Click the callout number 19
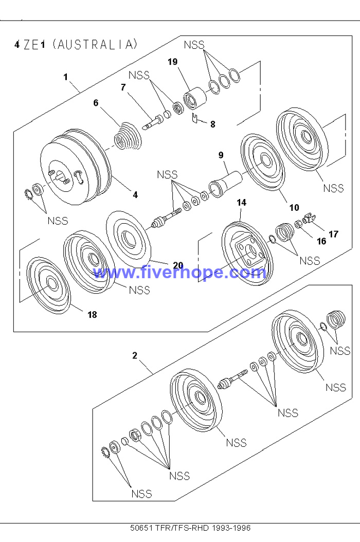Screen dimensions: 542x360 click(172, 62)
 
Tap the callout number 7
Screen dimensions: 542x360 click(123, 87)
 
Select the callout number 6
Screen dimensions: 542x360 click(96, 103)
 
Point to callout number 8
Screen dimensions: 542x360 click(212, 124)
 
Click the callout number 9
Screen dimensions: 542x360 click(221, 154)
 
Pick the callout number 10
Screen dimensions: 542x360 click(294, 207)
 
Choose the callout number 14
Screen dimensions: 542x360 click(241, 203)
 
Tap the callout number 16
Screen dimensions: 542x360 click(321, 241)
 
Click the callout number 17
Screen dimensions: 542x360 click(333, 234)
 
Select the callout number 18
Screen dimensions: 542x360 click(92, 315)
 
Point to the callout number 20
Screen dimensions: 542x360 click(178, 265)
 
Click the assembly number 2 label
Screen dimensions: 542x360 click(135, 355)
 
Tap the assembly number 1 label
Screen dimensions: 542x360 click(66, 77)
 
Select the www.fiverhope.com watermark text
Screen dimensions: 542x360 click(179, 273)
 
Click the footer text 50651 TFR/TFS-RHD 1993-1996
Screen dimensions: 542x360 click(190, 528)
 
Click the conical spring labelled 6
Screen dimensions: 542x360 click(127, 136)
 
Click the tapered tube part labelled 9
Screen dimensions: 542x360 click(225, 182)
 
